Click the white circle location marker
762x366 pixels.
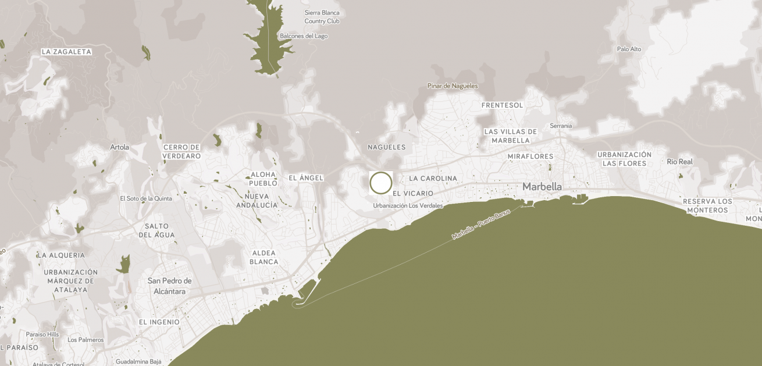(x=381, y=183)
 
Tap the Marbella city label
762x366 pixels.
(x=542, y=187)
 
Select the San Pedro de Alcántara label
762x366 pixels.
(x=170, y=286)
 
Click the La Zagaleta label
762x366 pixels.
(x=66, y=52)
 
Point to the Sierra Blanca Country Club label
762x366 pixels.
(x=322, y=17)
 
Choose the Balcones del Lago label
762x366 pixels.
(x=304, y=36)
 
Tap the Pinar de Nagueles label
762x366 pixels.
(x=453, y=86)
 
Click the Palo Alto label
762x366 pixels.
(x=629, y=49)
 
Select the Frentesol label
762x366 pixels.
(x=503, y=105)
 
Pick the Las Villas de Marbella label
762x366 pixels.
(x=511, y=136)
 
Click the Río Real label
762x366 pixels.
(x=679, y=162)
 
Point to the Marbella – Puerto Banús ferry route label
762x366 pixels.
(x=481, y=224)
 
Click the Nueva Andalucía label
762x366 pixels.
(x=257, y=201)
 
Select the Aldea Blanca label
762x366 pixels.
(x=264, y=257)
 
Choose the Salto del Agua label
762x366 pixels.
(x=156, y=230)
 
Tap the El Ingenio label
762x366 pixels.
(x=159, y=322)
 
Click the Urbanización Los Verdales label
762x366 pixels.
(x=408, y=205)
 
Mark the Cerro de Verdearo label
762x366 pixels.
(x=181, y=151)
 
